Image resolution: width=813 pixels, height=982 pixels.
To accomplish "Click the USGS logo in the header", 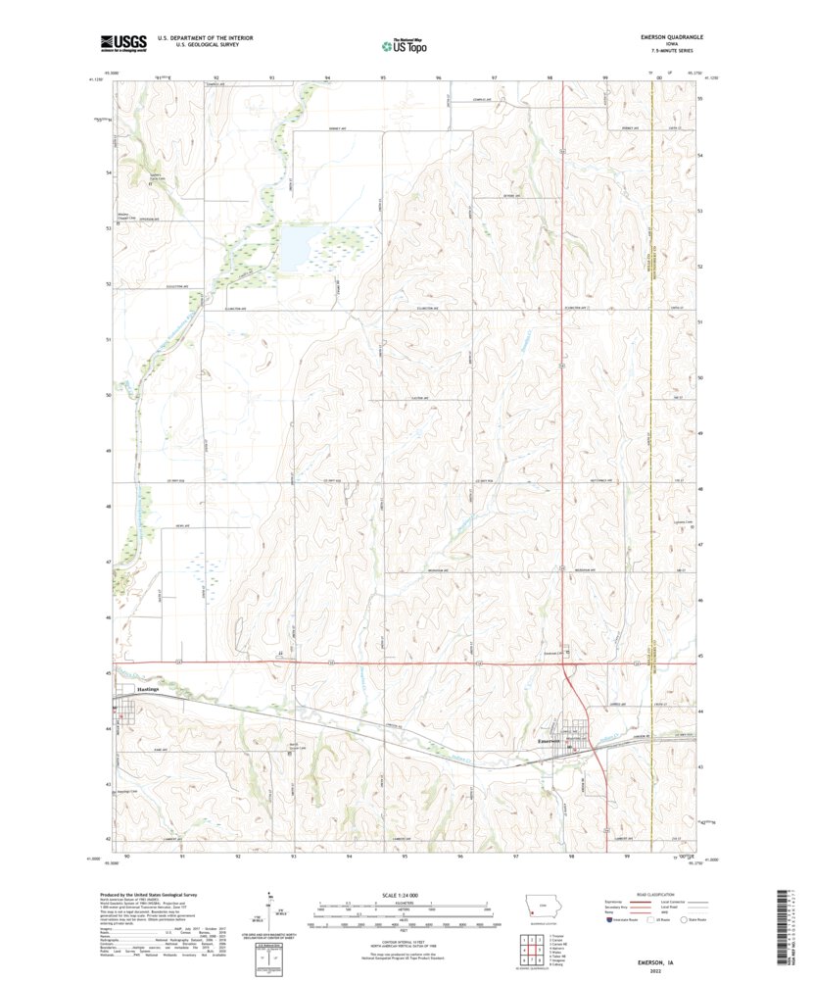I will (122, 42).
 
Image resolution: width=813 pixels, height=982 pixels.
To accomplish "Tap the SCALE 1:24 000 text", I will (404, 894).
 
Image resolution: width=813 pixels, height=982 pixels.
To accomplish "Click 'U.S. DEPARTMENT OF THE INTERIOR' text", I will (198, 37).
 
